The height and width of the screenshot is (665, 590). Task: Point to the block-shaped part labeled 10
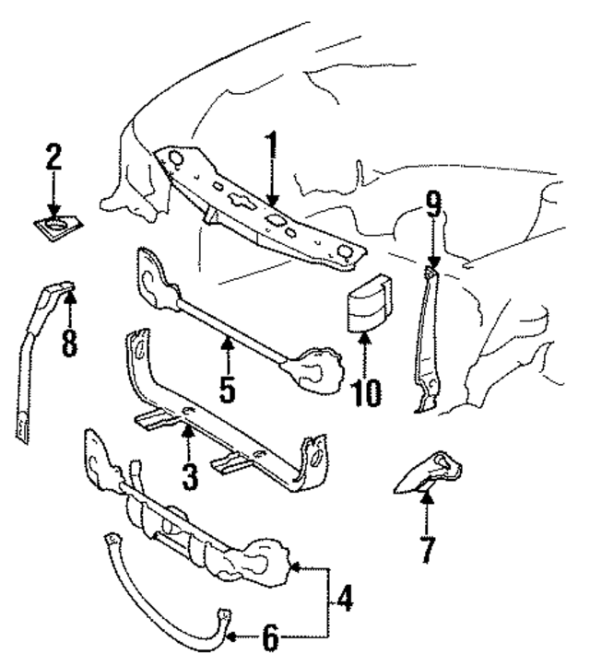[366, 300]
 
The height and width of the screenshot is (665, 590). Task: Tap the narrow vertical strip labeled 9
[426, 341]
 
